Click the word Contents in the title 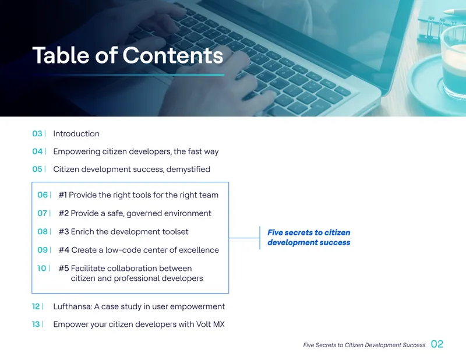[172, 55]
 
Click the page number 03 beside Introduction [37, 133]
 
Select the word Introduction [76, 133]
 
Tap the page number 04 [37, 151]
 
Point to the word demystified [188, 169]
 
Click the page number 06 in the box [43, 195]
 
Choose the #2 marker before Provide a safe [63, 213]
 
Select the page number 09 [43, 250]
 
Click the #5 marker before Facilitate [63, 268]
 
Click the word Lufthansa [72, 306]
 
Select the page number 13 [36, 324]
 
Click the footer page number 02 [437, 344]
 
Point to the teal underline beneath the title [128, 75]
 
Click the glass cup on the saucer [453, 62]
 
